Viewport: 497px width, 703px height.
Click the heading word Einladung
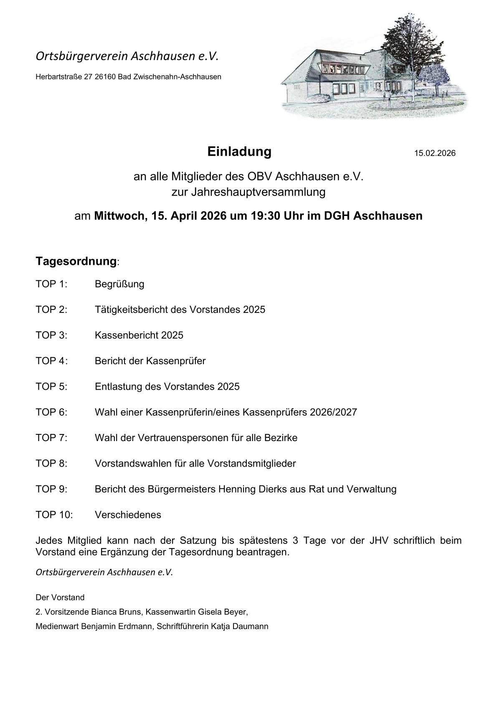click(239, 152)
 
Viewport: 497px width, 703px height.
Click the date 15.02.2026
click(434, 153)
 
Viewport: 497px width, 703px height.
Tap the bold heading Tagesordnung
click(76, 261)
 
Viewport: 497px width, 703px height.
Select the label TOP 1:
click(51, 284)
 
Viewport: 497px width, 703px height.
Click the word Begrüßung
click(119, 284)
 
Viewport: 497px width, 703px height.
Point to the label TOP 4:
click(51, 361)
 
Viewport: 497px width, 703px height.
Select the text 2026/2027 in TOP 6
click(333, 412)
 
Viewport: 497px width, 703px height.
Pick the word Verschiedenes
click(128, 515)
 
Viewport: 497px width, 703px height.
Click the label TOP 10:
click(54, 515)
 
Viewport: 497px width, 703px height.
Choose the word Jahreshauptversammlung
click(248, 193)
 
